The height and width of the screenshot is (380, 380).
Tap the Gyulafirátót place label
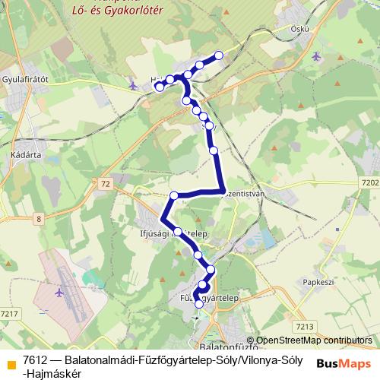(x=26, y=78)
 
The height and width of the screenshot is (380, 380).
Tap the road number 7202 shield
(x=370, y=182)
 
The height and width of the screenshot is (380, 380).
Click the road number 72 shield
(x=105, y=184)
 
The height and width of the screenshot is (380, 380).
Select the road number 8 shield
(x=37, y=220)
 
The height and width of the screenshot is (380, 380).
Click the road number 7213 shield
(x=305, y=326)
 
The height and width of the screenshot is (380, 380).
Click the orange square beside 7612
(x=10, y=357)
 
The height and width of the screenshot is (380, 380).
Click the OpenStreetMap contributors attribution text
(x=314, y=340)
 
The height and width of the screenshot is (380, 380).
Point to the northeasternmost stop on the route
(x=219, y=55)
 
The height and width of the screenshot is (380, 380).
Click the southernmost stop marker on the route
(x=199, y=304)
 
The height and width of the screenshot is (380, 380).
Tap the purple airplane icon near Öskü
(x=317, y=55)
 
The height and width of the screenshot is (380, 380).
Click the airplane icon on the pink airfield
(x=59, y=291)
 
